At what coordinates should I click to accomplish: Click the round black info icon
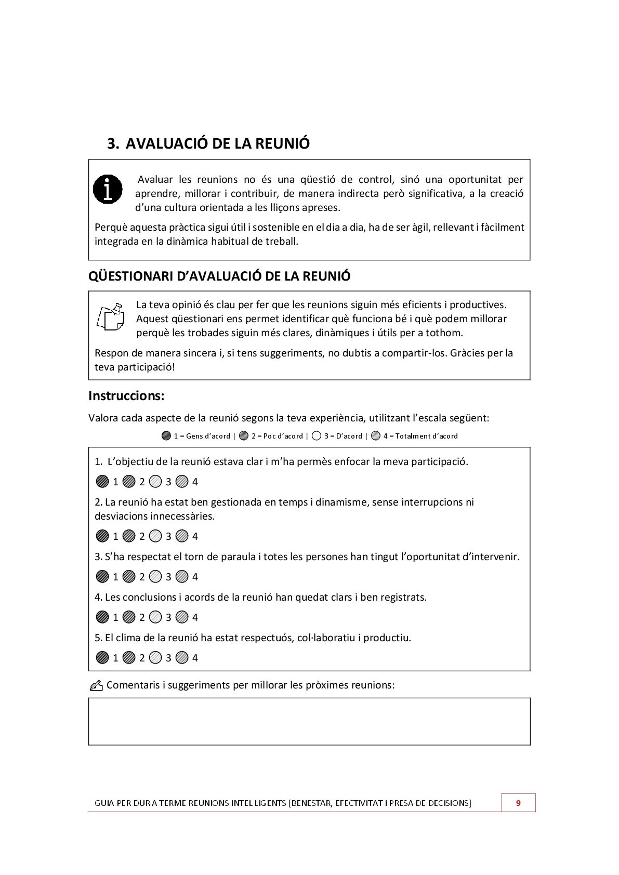[x=108, y=189]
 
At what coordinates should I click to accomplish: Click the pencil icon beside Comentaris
[x=96, y=686]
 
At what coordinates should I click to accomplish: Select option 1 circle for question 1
[x=102, y=482]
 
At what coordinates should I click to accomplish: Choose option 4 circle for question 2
[x=181, y=536]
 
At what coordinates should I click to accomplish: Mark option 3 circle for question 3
[x=155, y=576]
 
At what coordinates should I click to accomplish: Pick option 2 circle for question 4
[x=129, y=617]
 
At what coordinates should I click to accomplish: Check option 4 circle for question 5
[x=181, y=657]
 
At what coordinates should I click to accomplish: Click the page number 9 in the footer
[x=518, y=803]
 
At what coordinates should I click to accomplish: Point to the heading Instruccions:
[x=126, y=396]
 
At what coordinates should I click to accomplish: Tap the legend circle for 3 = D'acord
[x=317, y=436]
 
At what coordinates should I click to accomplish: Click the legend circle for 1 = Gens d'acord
[x=166, y=436]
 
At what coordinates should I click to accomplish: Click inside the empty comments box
[x=309, y=721]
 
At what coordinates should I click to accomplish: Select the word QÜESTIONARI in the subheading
[x=130, y=276]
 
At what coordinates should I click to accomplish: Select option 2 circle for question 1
[x=129, y=482]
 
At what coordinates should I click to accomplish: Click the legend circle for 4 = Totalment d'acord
[x=376, y=436]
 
